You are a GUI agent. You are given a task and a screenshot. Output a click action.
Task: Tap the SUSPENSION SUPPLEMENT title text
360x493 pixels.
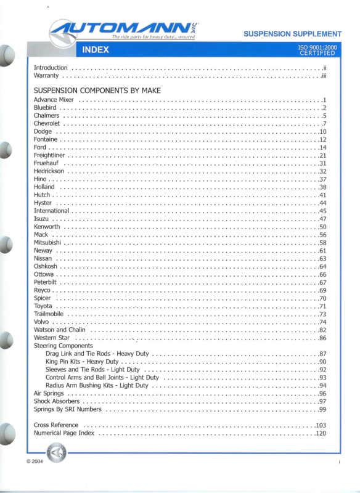click(292, 34)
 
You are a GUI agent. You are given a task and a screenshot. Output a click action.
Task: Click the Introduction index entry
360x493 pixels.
click(51, 67)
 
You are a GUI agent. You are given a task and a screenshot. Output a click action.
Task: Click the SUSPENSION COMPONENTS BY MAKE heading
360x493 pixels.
click(97, 91)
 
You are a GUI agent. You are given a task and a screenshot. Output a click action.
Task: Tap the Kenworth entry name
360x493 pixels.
click(47, 227)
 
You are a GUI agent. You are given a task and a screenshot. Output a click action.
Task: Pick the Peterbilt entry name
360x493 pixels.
click(46, 282)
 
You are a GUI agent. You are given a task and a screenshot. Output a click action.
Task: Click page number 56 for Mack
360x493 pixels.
click(322, 235)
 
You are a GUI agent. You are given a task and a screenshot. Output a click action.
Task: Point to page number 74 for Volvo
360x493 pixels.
click(322, 322)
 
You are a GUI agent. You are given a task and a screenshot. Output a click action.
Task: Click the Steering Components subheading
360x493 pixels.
click(63, 346)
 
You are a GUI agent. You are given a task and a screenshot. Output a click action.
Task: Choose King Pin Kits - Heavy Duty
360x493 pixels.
click(82, 362)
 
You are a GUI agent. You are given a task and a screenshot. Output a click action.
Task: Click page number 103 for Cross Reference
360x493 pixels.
click(321, 425)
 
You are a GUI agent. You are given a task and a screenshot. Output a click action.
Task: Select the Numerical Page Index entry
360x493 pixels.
click(65, 433)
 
